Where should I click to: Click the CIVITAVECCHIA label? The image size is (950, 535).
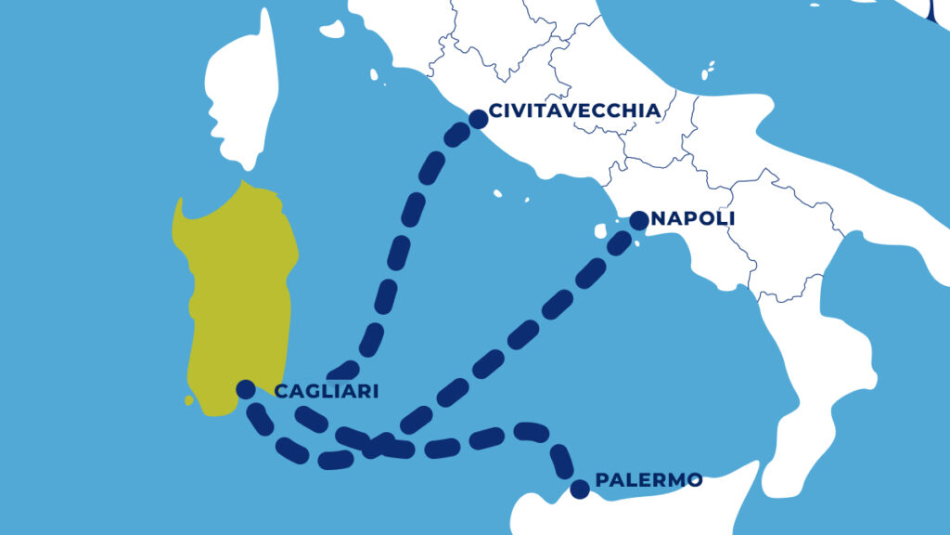point(574,111)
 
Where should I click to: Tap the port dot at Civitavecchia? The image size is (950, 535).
point(479,119)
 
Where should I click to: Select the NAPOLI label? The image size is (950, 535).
point(694,217)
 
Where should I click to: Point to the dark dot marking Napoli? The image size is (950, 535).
point(639,220)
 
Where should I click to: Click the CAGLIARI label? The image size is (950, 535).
point(327,392)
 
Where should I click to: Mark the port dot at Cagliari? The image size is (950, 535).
point(246,388)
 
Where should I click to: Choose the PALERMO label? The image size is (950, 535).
point(648,480)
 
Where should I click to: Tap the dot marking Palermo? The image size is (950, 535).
point(580,489)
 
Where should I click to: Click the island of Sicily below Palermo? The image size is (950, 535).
point(649,511)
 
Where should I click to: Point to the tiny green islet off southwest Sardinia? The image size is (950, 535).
point(189,400)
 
